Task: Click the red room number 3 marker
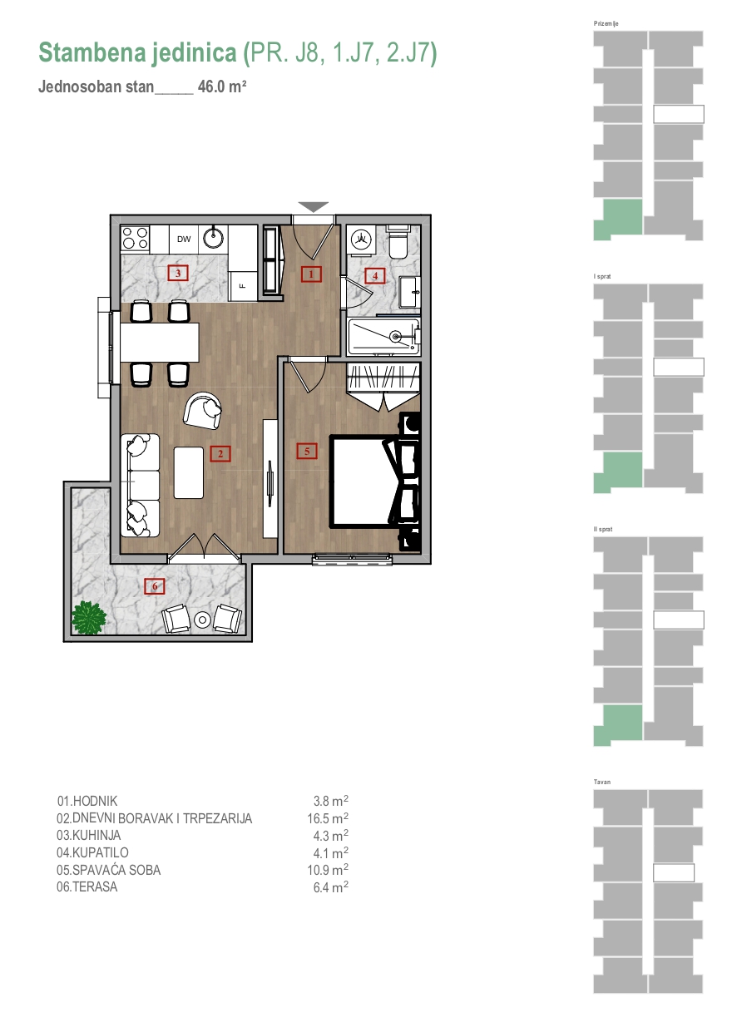178,274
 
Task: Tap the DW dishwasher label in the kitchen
184,239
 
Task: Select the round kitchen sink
213,238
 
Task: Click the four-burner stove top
135,239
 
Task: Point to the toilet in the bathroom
397,241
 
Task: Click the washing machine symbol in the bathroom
361,239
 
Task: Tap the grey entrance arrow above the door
313,207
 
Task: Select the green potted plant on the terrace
89,618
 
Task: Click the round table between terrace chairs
202,620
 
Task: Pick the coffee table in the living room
189,472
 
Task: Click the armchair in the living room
202,411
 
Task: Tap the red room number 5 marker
307,452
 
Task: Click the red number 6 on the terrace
155,586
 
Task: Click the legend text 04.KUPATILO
92,852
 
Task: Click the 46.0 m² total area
222,86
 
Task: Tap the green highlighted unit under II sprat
618,725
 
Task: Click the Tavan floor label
602,782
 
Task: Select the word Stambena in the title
92,52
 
